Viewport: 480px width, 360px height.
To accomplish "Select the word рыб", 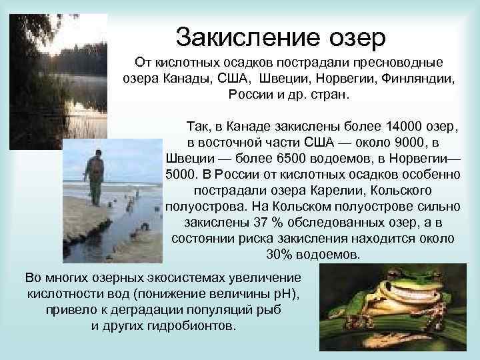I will pyautogui.click(x=272, y=310).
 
